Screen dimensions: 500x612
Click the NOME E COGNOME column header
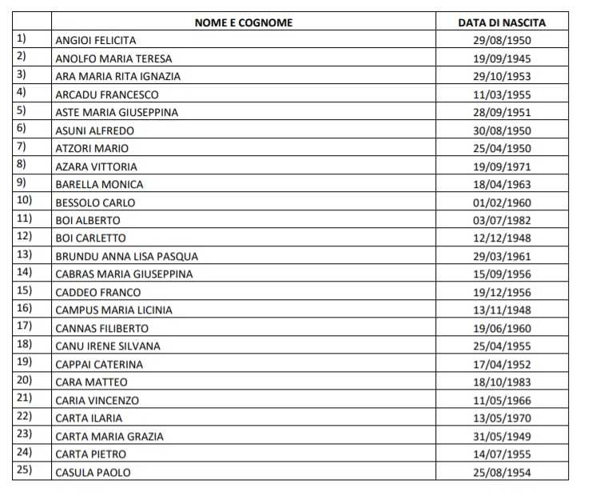click(244, 22)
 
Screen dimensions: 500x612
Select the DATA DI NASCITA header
click(502, 22)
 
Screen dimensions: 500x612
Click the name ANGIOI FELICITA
click(96, 40)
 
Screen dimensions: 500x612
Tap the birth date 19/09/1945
click(502, 58)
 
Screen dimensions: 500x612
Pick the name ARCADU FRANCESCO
click(107, 94)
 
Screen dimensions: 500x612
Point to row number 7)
click(22, 147)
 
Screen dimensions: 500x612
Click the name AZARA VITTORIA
click(96, 166)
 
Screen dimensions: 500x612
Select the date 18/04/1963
click(502, 184)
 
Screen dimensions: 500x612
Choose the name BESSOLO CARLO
click(95, 202)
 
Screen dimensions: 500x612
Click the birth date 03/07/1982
click(502, 220)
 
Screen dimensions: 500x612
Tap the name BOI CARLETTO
click(90, 238)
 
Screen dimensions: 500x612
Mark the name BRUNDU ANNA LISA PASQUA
click(126, 257)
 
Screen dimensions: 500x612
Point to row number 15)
click(24, 291)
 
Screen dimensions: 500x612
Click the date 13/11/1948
click(502, 310)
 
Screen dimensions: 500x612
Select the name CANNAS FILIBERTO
click(101, 328)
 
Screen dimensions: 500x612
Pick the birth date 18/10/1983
click(502, 382)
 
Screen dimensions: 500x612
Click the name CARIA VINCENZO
click(97, 400)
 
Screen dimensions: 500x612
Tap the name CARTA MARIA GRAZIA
click(109, 436)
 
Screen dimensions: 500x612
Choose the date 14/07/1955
click(502, 454)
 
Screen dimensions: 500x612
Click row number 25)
click(24, 471)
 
